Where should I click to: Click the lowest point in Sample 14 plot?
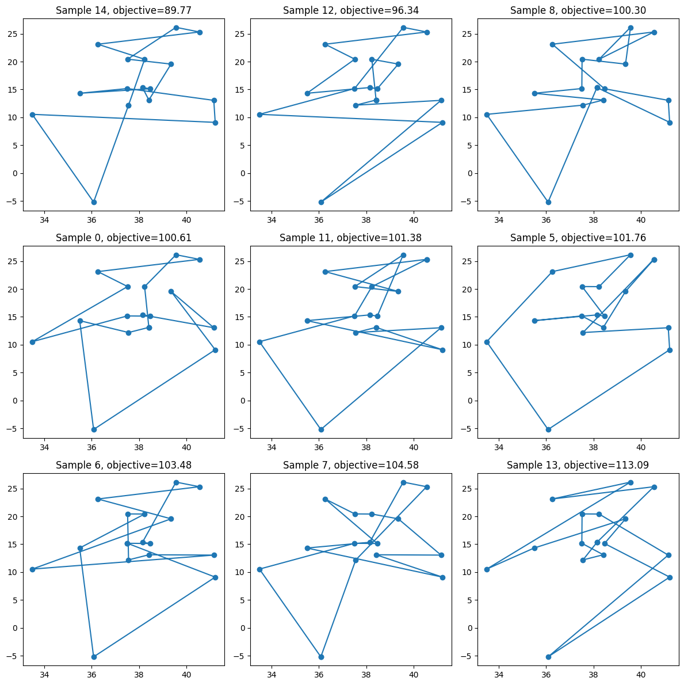point(94,202)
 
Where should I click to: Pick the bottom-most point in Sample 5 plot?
point(548,429)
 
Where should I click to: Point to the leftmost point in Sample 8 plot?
point(487,115)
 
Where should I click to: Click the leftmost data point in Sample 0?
point(32,342)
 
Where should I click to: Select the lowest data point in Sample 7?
point(321,657)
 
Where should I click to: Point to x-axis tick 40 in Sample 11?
point(414,446)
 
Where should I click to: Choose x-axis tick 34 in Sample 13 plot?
point(499,673)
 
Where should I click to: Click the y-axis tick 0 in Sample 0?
point(16,401)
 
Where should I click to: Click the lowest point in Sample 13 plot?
point(548,657)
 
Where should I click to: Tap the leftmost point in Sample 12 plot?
point(259,115)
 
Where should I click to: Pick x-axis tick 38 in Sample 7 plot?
point(366,673)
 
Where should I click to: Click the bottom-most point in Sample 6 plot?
point(94,657)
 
